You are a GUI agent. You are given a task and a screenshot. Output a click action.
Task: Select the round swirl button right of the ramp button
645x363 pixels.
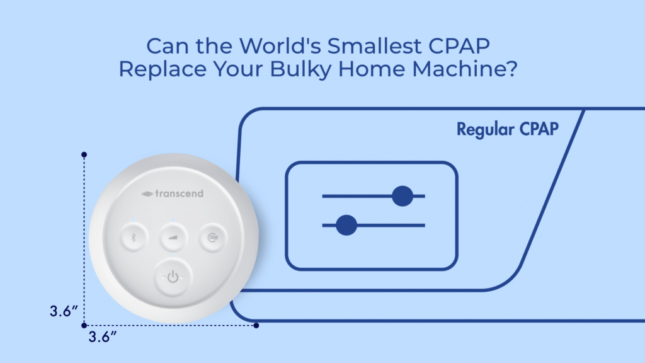[212, 238]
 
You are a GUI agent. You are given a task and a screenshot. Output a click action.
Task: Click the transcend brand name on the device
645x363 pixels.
[173, 193]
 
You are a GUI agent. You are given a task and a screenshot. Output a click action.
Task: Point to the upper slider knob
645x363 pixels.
[402, 196]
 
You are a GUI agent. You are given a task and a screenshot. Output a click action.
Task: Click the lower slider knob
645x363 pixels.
[346, 225]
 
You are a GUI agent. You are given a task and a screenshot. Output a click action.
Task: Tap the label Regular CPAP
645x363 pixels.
[508, 130]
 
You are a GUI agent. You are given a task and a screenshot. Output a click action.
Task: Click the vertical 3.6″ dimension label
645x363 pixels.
[64, 311]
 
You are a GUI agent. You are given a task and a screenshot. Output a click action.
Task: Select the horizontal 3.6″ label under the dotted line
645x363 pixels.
[103, 337]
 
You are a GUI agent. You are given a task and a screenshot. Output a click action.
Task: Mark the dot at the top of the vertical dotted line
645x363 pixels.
[84, 154]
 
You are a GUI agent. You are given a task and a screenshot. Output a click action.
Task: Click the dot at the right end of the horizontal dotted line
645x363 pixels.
[256, 325]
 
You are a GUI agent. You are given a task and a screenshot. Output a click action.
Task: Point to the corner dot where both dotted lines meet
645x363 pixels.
[84, 325]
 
